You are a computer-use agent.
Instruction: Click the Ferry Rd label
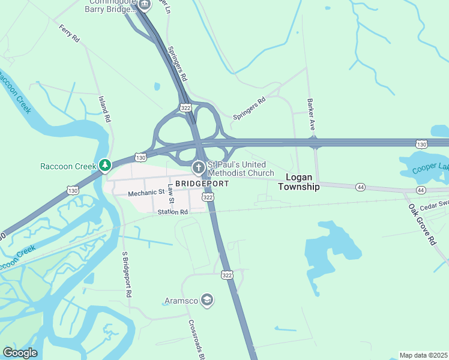point(70,34)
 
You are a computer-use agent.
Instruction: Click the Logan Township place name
point(299,182)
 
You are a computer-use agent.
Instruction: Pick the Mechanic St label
point(146,193)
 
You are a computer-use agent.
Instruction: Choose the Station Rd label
point(173,212)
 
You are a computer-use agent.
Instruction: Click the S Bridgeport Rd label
point(126,275)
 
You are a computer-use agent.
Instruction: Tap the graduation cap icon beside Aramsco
point(207,300)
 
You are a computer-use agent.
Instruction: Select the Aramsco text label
point(181,300)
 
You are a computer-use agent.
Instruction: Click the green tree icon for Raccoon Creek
point(105,164)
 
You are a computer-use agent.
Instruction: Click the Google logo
point(20,353)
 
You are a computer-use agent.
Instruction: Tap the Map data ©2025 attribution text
point(424,355)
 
